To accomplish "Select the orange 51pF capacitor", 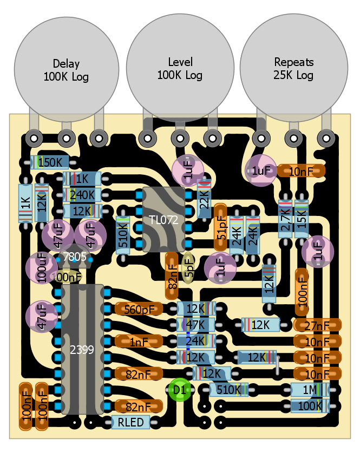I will coord(220,228).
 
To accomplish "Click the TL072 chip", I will coord(163,220).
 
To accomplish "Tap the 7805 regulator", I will coord(74,257).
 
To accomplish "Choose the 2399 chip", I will coord(82,350).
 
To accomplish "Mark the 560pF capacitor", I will coord(139,309).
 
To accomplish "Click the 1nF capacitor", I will coord(139,342).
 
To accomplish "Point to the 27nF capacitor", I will coord(318,325).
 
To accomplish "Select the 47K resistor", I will coord(196,325).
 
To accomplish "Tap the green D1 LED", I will coord(179,390).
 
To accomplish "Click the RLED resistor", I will coord(130,423).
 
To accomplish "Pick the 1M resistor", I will coord(310,390).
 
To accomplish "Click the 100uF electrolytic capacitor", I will coord(42,267).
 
